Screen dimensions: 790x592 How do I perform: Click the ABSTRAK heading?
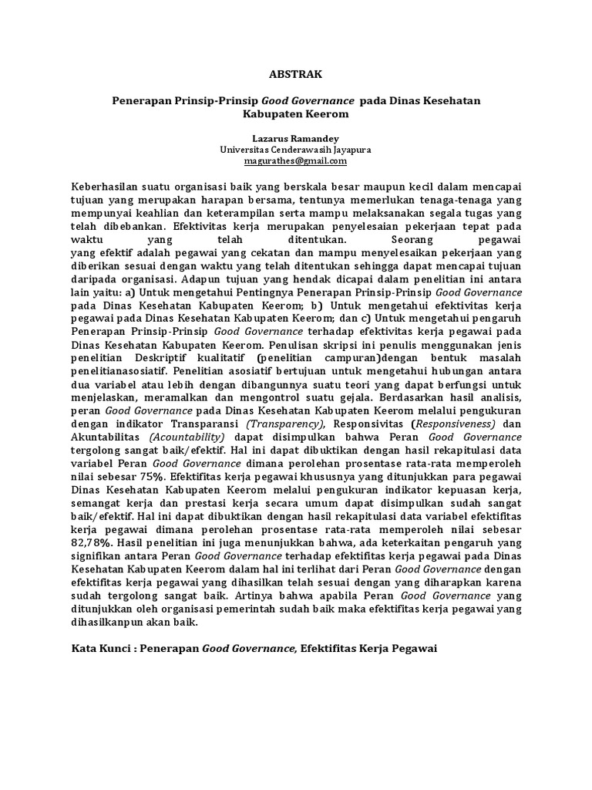(x=296, y=76)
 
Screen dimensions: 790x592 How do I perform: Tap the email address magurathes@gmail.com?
(x=296, y=161)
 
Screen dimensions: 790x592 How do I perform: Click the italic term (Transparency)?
(x=279, y=424)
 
